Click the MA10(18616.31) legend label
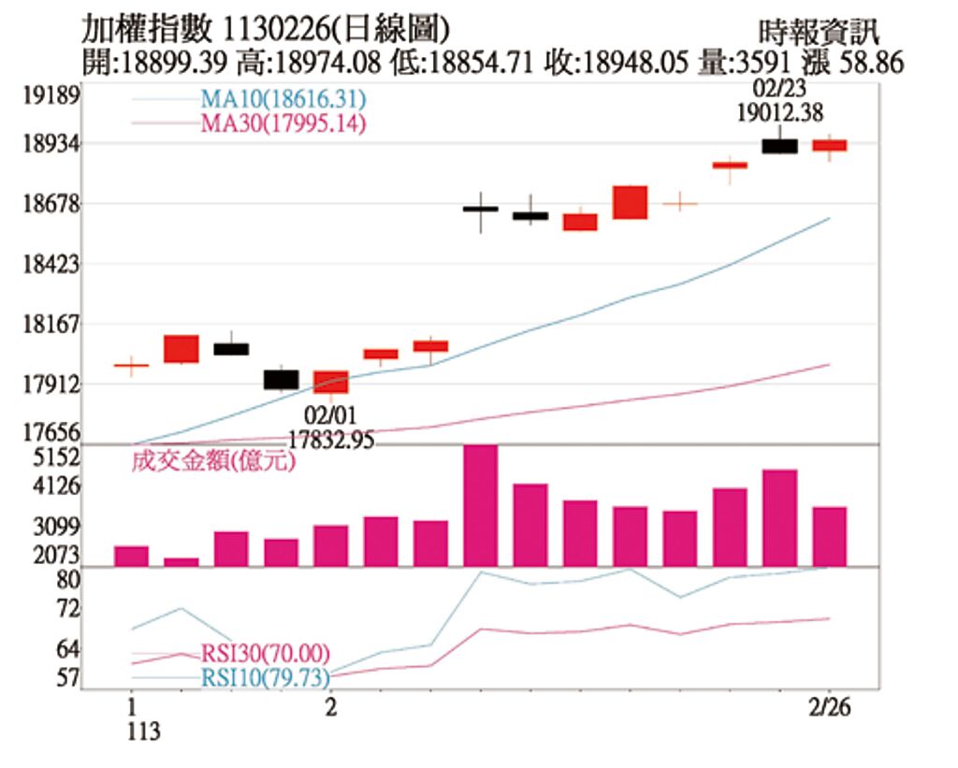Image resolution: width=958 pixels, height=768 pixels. click(x=282, y=99)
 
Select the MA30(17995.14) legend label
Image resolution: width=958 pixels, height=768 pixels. click(x=282, y=123)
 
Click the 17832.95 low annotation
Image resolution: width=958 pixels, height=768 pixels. click(x=331, y=439)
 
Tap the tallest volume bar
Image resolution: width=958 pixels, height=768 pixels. click(x=481, y=505)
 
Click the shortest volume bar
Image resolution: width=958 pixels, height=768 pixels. click(x=181, y=561)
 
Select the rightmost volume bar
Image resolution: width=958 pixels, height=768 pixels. click(x=830, y=536)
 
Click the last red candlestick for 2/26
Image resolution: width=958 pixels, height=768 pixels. click(x=830, y=145)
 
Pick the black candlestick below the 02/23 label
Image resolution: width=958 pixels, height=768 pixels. click(x=779, y=146)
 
